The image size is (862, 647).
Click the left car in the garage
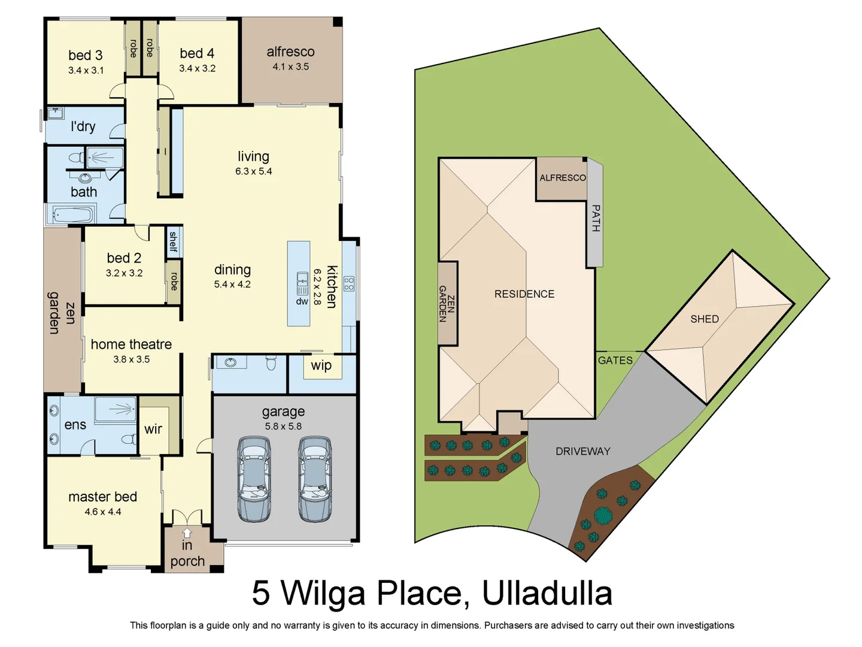[254, 479]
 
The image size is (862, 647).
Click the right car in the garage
[315, 479]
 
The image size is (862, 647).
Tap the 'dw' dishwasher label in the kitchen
[302, 301]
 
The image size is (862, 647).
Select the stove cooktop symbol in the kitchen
[349, 283]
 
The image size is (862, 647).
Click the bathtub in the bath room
[73, 214]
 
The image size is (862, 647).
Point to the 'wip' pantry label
[321, 365]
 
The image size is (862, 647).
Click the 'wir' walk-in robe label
[153, 429]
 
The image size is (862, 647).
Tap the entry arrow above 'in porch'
[187, 533]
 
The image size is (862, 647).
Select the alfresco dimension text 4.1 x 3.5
[290, 66]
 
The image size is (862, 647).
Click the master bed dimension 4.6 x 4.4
[102, 512]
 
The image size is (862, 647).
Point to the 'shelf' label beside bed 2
[174, 241]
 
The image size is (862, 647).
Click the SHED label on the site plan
[704, 319]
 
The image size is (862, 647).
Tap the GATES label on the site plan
[615, 360]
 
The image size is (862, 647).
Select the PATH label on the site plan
[596, 218]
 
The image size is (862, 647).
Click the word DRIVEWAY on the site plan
[582, 451]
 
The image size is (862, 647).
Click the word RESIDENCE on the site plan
[524, 294]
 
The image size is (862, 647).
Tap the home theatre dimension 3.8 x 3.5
[131, 359]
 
